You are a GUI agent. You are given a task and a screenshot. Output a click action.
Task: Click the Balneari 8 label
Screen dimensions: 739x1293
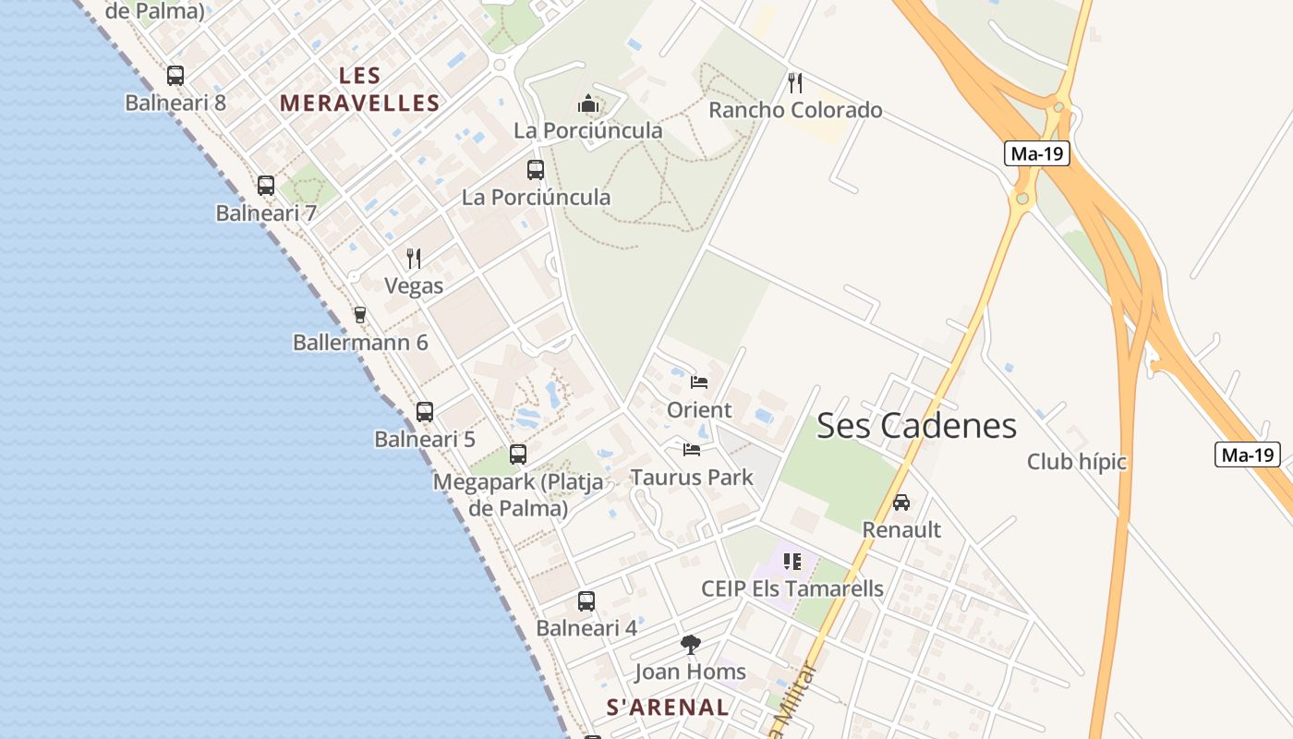(x=175, y=103)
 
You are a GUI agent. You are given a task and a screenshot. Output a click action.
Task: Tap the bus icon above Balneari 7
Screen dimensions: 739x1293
(x=266, y=186)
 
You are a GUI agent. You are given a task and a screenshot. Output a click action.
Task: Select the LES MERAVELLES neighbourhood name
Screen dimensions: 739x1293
(x=360, y=90)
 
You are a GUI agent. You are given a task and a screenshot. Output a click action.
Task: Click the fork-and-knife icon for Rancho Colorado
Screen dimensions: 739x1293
(x=795, y=83)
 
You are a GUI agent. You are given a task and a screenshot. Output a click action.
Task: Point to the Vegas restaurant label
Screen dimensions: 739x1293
(x=414, y=286)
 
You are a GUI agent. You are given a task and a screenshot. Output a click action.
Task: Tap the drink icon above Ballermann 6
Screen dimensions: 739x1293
(x=360, y=315)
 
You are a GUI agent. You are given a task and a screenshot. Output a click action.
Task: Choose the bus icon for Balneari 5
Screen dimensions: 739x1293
(x=425, y=412)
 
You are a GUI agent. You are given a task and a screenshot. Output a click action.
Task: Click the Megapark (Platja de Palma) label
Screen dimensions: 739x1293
(x=518, y=495)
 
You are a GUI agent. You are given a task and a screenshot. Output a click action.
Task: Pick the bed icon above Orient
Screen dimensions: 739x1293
(x=699, y=382)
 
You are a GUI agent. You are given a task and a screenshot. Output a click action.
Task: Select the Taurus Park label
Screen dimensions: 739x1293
(x=692, y=478)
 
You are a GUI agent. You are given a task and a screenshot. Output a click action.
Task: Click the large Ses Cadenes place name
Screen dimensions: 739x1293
(x=916, y=426)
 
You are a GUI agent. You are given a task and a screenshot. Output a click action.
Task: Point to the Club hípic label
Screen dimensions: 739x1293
(x=1077, y=462)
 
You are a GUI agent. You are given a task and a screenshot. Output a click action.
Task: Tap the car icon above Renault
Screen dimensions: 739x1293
(x=901, y=503)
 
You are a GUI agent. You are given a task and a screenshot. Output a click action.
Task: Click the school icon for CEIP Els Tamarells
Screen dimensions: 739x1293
(x=792, y=561)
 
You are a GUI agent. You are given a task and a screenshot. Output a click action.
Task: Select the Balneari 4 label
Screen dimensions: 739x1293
(x=586, y=628)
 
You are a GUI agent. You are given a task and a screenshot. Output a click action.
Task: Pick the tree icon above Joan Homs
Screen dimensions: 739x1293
(x=690, y=644)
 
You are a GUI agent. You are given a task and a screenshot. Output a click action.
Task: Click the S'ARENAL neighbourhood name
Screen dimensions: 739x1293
(x=667, y=708)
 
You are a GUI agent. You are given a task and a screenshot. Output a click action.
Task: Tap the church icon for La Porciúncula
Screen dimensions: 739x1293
(x=588, y=103)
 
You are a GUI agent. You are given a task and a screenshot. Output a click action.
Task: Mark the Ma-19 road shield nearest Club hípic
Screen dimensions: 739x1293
(x=1247, y=454)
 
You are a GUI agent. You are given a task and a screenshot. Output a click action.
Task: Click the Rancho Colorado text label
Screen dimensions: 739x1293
(x=795, y=111)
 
